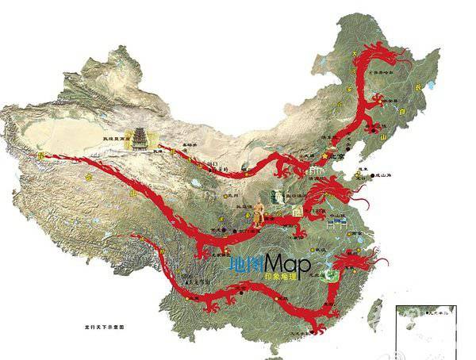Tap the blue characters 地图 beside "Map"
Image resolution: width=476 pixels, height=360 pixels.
click(248, 264)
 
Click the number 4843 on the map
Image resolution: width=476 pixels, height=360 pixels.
click(213, 163)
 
